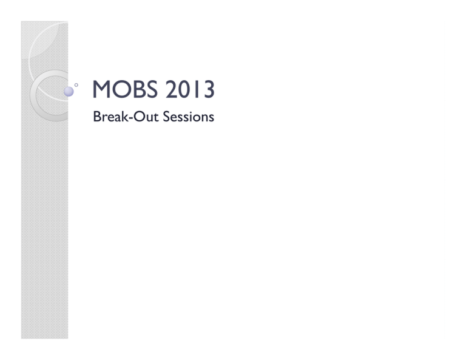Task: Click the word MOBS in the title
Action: point(125,89)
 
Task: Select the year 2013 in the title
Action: point(190,89)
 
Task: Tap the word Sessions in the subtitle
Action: point(189,117)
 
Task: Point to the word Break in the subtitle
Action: point(110,117)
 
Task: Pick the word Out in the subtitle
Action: point(146,117)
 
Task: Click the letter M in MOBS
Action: point(101,89)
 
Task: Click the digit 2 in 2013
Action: point(171,89)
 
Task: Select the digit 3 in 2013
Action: point(209,89)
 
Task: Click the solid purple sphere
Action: point(69,92)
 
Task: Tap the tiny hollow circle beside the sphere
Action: point(76,85)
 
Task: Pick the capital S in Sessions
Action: point(167,117)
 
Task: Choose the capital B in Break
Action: point(97,117)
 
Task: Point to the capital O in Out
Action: point(139,117)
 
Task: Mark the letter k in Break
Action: point(125,116)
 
